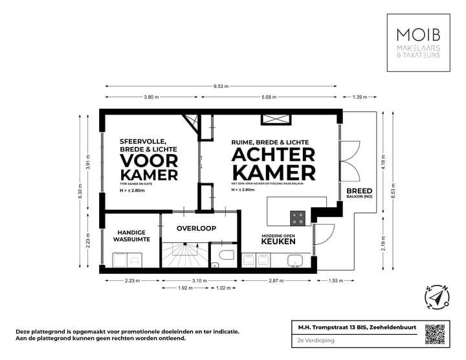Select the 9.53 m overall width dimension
pyautogui.click(x=221, y=86)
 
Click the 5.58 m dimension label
pyautogui.click(x=271, y=97)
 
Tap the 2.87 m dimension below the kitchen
pyautogui.click(x=277, y=281)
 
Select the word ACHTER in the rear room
pyautogui.click(x=274, y=155)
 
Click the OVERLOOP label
pyautogui.click(x=196, y=228)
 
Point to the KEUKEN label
pyautogui.click(x=278, y=242)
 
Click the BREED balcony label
pyautogui.click(x=359, y=191)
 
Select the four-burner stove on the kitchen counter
pyautogui.click(x=298, y=218)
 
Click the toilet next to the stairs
pyautogui.click(x=226, y=254)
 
